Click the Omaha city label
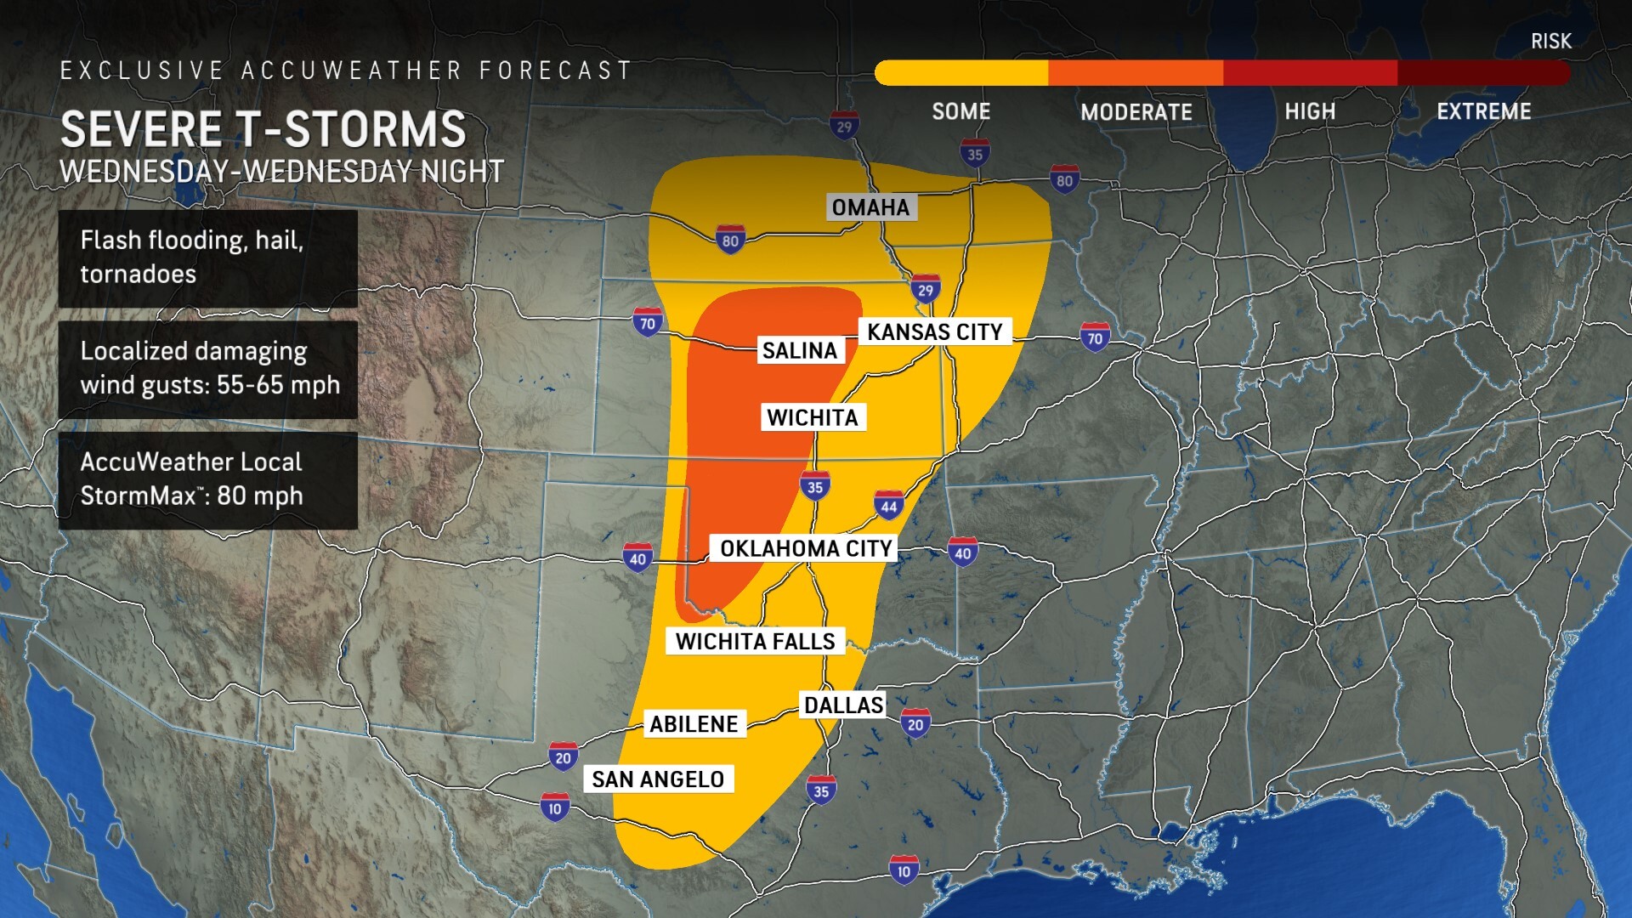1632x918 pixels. click(x=870, y=207)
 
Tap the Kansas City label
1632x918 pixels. click(x=934, y=331)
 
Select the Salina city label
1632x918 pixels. click(x=799, y=350)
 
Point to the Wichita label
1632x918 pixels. click(x=813, y=417)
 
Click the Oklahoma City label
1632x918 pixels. click(x=806, y=548)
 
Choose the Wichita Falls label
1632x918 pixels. click(x=755, y=641)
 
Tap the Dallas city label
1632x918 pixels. click(x=843, y=705)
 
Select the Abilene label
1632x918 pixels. click(x=694, y=724)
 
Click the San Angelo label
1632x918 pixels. click(x=658, y=779)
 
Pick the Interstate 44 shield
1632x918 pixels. click(x=888, y=506)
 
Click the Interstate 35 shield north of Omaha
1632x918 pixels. click(x=975, y=154)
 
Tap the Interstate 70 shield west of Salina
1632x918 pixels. click(x=648, y=323)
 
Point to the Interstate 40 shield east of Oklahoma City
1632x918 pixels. click(x=962, y=552)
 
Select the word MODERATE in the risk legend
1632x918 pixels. click(x=1136, y=112)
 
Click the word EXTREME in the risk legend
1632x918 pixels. click(x=1483, y=111)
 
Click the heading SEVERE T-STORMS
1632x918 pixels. click(x=263, y=129)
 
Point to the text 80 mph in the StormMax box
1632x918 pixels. click(x=260, y=496)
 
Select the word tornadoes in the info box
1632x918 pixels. click(x=138, y=275)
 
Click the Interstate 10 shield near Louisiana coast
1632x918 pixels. click(x=904, y=870)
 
